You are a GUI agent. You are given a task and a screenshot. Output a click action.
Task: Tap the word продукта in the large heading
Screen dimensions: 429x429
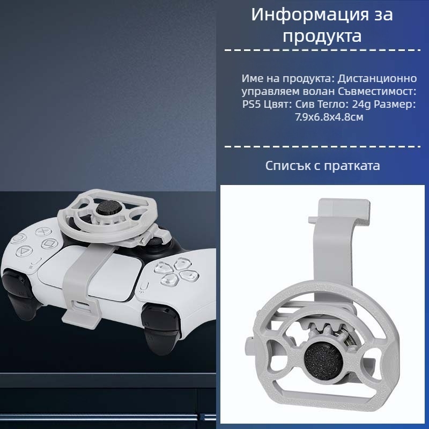[322, 36]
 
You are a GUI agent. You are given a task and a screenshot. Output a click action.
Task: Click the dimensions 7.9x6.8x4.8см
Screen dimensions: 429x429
[329, 117]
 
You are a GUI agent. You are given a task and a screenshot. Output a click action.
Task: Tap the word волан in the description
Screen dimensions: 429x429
[306, 91]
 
